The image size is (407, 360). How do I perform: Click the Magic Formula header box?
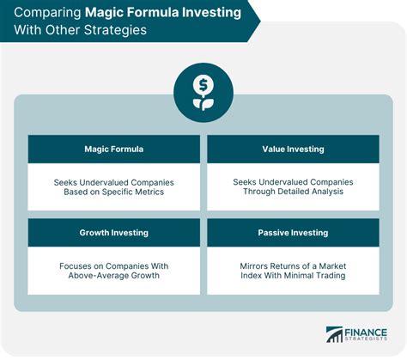point(113,149)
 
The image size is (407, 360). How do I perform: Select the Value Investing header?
point(292,149)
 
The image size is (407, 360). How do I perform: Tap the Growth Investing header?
point(113,231)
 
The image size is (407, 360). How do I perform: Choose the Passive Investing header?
point(292,231)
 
